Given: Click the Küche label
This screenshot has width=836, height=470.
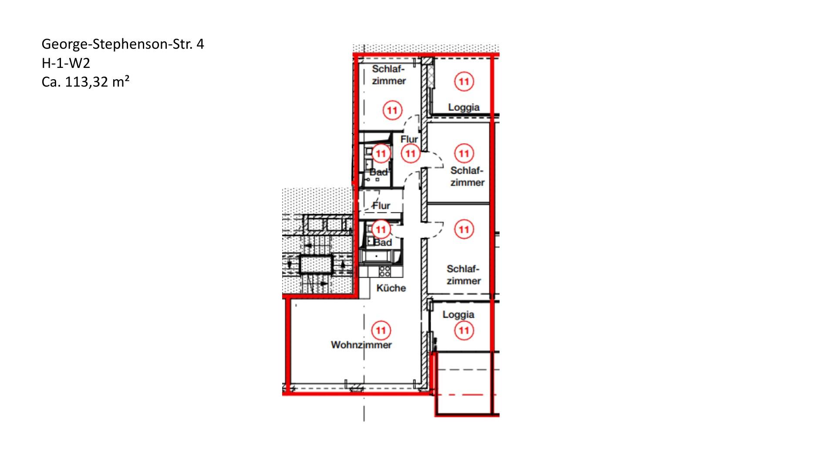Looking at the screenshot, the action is (x=391, y=288).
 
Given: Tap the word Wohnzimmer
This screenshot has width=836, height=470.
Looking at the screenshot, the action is (x=361, y=345).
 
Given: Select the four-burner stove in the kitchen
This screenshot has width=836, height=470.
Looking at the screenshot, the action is (x=385, y=272).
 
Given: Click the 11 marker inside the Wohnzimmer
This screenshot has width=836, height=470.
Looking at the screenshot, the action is (x=381, y=330).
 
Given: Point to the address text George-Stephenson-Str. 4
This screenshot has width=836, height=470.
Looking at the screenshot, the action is (x=123, y=44).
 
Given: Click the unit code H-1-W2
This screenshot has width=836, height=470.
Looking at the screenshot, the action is (x=66, y=63).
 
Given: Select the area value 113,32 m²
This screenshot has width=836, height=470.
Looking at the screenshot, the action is (x=97, y=81).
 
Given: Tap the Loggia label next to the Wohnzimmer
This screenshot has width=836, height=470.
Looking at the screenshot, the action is (x=458, y=315).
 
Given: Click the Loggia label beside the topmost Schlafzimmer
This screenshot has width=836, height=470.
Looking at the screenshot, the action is (x=464, y=107).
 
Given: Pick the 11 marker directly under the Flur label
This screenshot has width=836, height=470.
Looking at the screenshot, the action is (x=411, y=153).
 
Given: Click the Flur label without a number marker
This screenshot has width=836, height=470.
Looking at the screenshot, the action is (x=381, y=205).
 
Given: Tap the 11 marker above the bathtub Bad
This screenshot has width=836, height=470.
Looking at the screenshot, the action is (x=381, y=229).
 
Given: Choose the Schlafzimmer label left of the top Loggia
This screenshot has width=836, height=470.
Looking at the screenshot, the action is (x=389, y=75).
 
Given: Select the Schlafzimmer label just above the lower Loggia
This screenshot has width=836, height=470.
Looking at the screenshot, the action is (x=464, y=275).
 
